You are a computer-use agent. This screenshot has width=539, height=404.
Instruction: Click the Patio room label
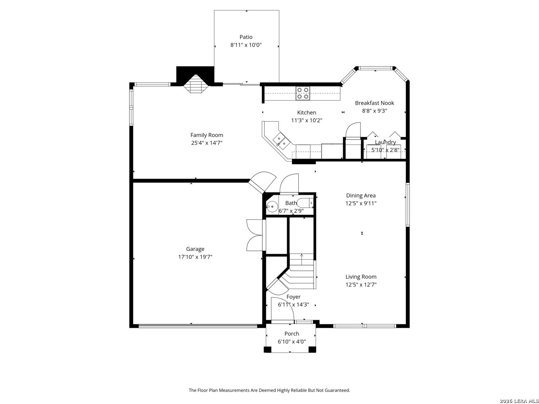(246, 37)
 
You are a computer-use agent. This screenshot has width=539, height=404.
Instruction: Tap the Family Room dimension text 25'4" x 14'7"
(207, 143)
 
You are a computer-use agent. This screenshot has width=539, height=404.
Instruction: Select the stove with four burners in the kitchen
(302, 93)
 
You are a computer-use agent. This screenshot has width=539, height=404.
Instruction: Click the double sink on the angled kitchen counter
(281, 141)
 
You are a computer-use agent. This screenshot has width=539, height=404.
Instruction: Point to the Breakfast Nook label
(374, 103)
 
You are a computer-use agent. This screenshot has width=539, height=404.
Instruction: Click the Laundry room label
(385, 142)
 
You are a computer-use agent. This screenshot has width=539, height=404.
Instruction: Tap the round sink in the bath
(272, 206)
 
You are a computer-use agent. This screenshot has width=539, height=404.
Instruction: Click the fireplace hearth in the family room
(196, 84)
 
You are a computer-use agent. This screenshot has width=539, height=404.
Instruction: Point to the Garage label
(195, 249)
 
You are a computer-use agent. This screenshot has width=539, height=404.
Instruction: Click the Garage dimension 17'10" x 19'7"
(195, 257)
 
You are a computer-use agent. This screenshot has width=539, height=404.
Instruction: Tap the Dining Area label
(360, 196)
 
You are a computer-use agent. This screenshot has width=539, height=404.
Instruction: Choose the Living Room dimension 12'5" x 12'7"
(361, 285)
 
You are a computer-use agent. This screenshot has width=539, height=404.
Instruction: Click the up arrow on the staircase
(302, 259)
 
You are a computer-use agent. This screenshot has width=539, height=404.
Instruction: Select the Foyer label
(293, 297)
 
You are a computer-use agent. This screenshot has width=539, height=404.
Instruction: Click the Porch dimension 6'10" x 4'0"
(292, 342)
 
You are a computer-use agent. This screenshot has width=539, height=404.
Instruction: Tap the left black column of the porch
(267, 349)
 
